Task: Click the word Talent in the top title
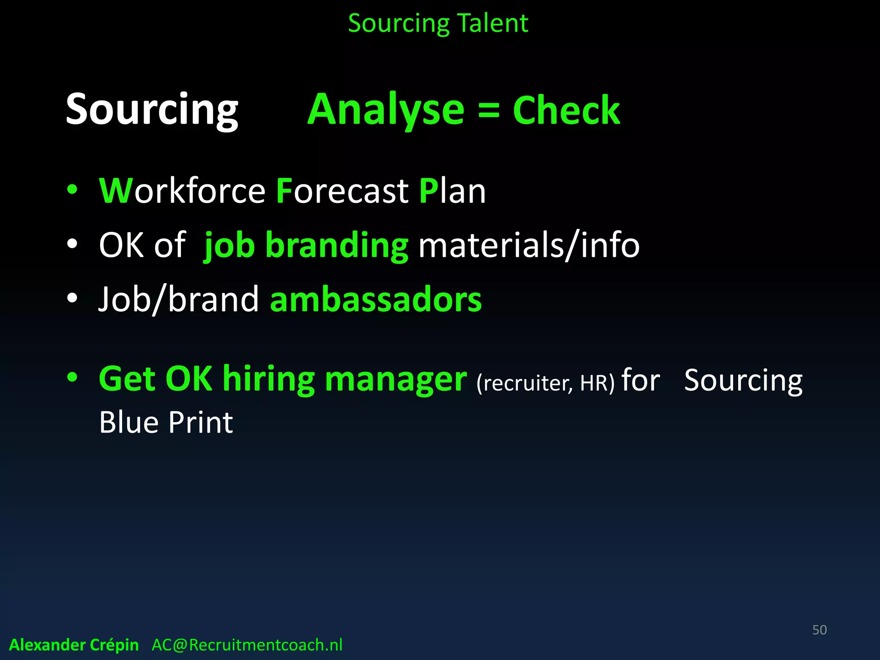click(x=492, y=23)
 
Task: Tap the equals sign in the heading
click(x=489, y=111)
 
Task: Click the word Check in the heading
click(x=566, y=111)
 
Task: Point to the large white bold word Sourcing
click(x=152, y=110)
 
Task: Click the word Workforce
click(x=182, y=191)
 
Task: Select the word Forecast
click(x=342, y=191)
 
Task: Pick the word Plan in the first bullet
click(x=452, y=191)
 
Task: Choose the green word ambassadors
click(x=376, y=299)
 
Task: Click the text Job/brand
click(x=179, y=299)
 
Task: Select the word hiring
click(x=269, y=379)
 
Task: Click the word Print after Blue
click(x=200, y=422)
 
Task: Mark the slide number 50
click(x=819, y=630)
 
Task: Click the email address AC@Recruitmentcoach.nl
click(x=247, y=645)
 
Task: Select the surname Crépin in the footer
click(x=115, y=645)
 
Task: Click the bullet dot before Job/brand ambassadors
click(x=72, y=298)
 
